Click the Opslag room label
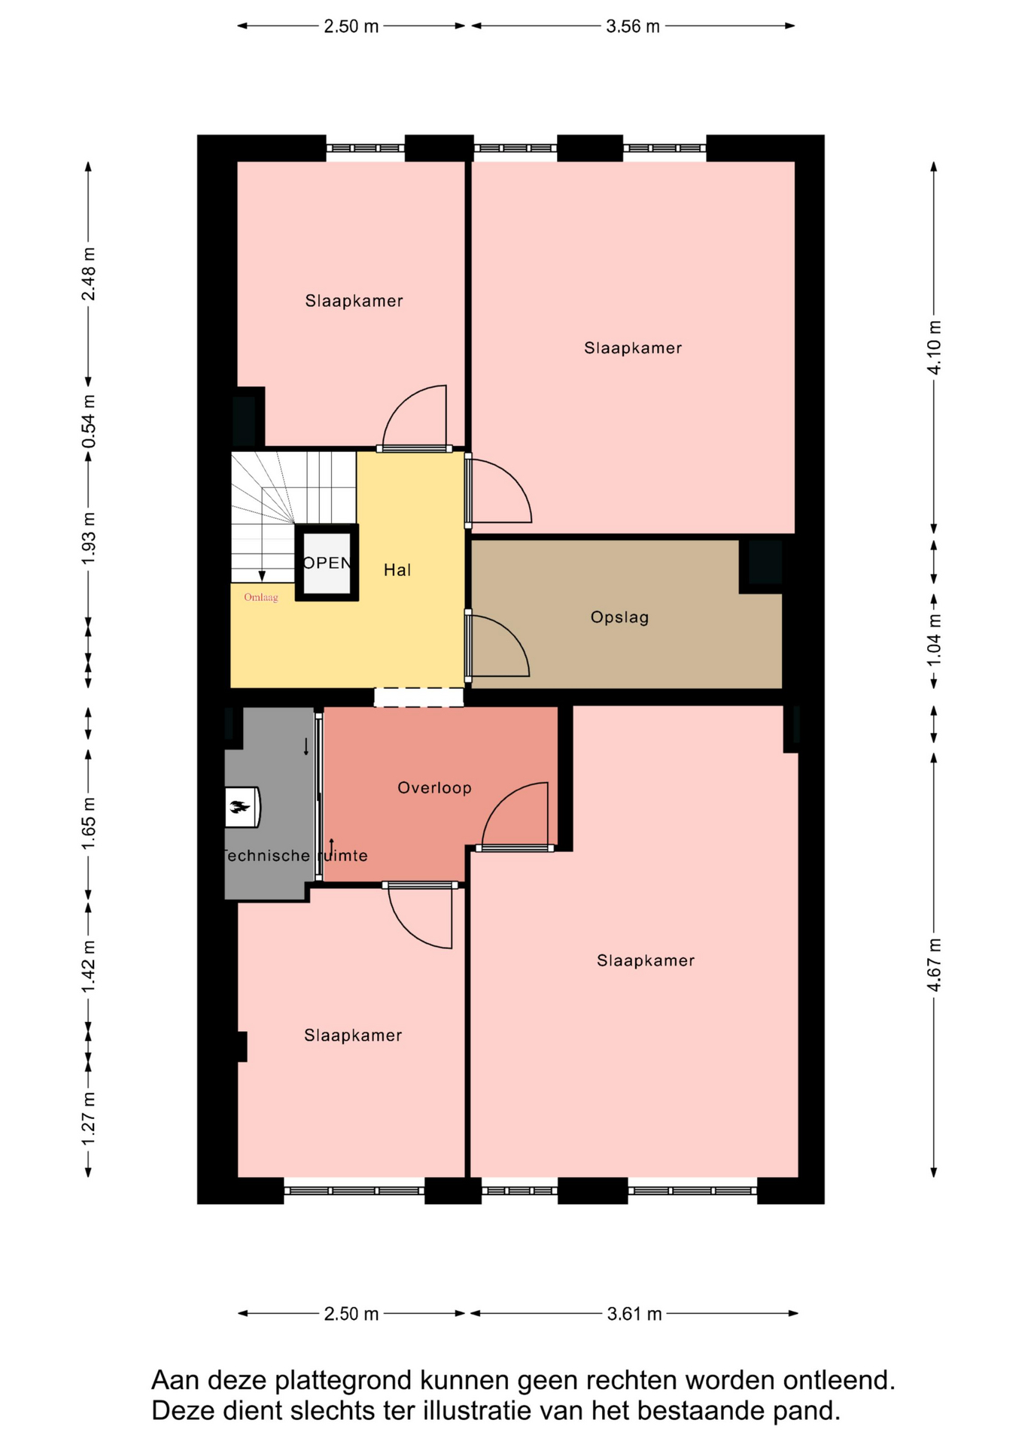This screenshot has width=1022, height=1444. (x=619, y=617)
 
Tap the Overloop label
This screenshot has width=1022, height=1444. (x=434, y=788)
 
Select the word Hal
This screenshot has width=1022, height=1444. (x=397, y=570)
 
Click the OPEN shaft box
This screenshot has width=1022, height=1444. (x=327, y=563)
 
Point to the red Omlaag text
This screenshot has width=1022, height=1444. (x=260, y=598)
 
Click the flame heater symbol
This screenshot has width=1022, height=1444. (x=242, y=807)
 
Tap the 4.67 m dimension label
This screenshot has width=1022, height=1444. (x=934, y=965)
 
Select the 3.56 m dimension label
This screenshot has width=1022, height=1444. (x=633, y=26)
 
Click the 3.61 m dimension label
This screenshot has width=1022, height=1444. (x=634, y=1314)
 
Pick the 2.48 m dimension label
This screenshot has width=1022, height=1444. (x=89, y=274)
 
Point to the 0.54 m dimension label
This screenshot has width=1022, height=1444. (x=89, y=422)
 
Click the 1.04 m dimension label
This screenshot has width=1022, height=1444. (x=934, y=640)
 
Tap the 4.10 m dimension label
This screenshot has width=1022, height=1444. (x=934, y=347)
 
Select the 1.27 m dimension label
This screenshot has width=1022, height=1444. (x=89, y=1120)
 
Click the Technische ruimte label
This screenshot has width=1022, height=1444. (x=295, y=856)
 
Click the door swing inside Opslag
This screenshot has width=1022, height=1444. (x=498, y=645)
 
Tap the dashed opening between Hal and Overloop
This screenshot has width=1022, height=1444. (x=419, y=697)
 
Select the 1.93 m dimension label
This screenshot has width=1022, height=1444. (x=89, y=538)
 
